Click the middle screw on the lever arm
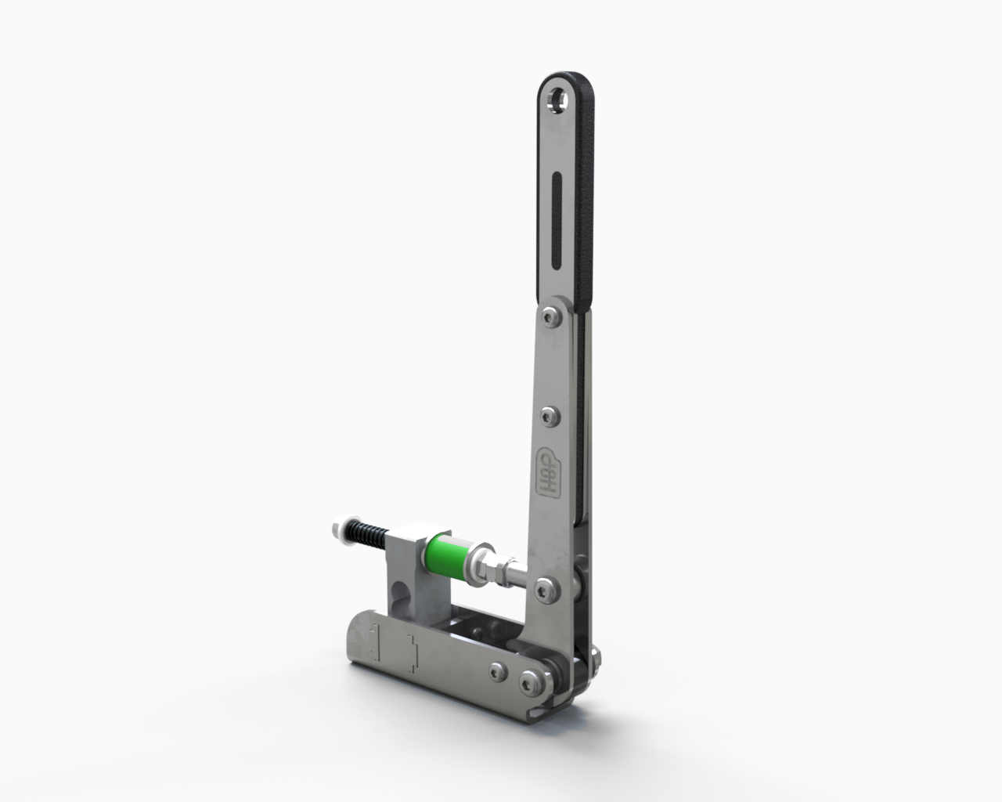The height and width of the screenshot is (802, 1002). click(551, 415)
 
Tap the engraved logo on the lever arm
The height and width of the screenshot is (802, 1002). click(546, 472)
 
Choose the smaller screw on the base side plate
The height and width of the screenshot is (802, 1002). click(497, 670)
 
